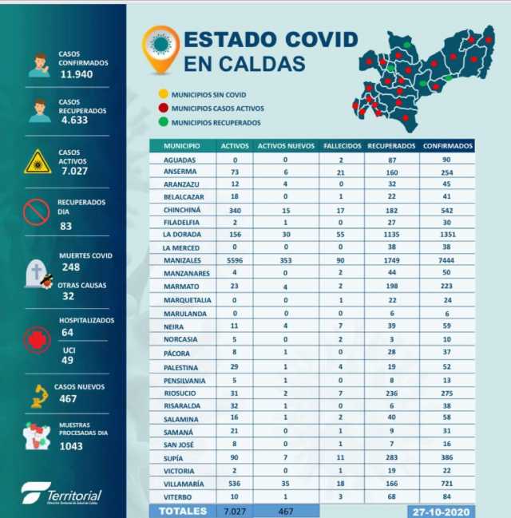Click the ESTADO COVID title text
pyautogui.click(x=253, y=40)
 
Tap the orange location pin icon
pyautogui.click(x=160, y=48)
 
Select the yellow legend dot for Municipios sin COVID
pyautogui.click(x=162, y=93)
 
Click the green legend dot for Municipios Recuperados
pyautogui.click(x=162, y=122)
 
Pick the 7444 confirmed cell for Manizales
pyautogui.click(x=447, y=260)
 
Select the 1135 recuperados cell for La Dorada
pyautogui.click(x=391, y=235)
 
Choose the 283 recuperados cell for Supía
pyautogui.click(x=391, y=458)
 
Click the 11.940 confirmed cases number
pyautogui.click(x=77, y=73)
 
